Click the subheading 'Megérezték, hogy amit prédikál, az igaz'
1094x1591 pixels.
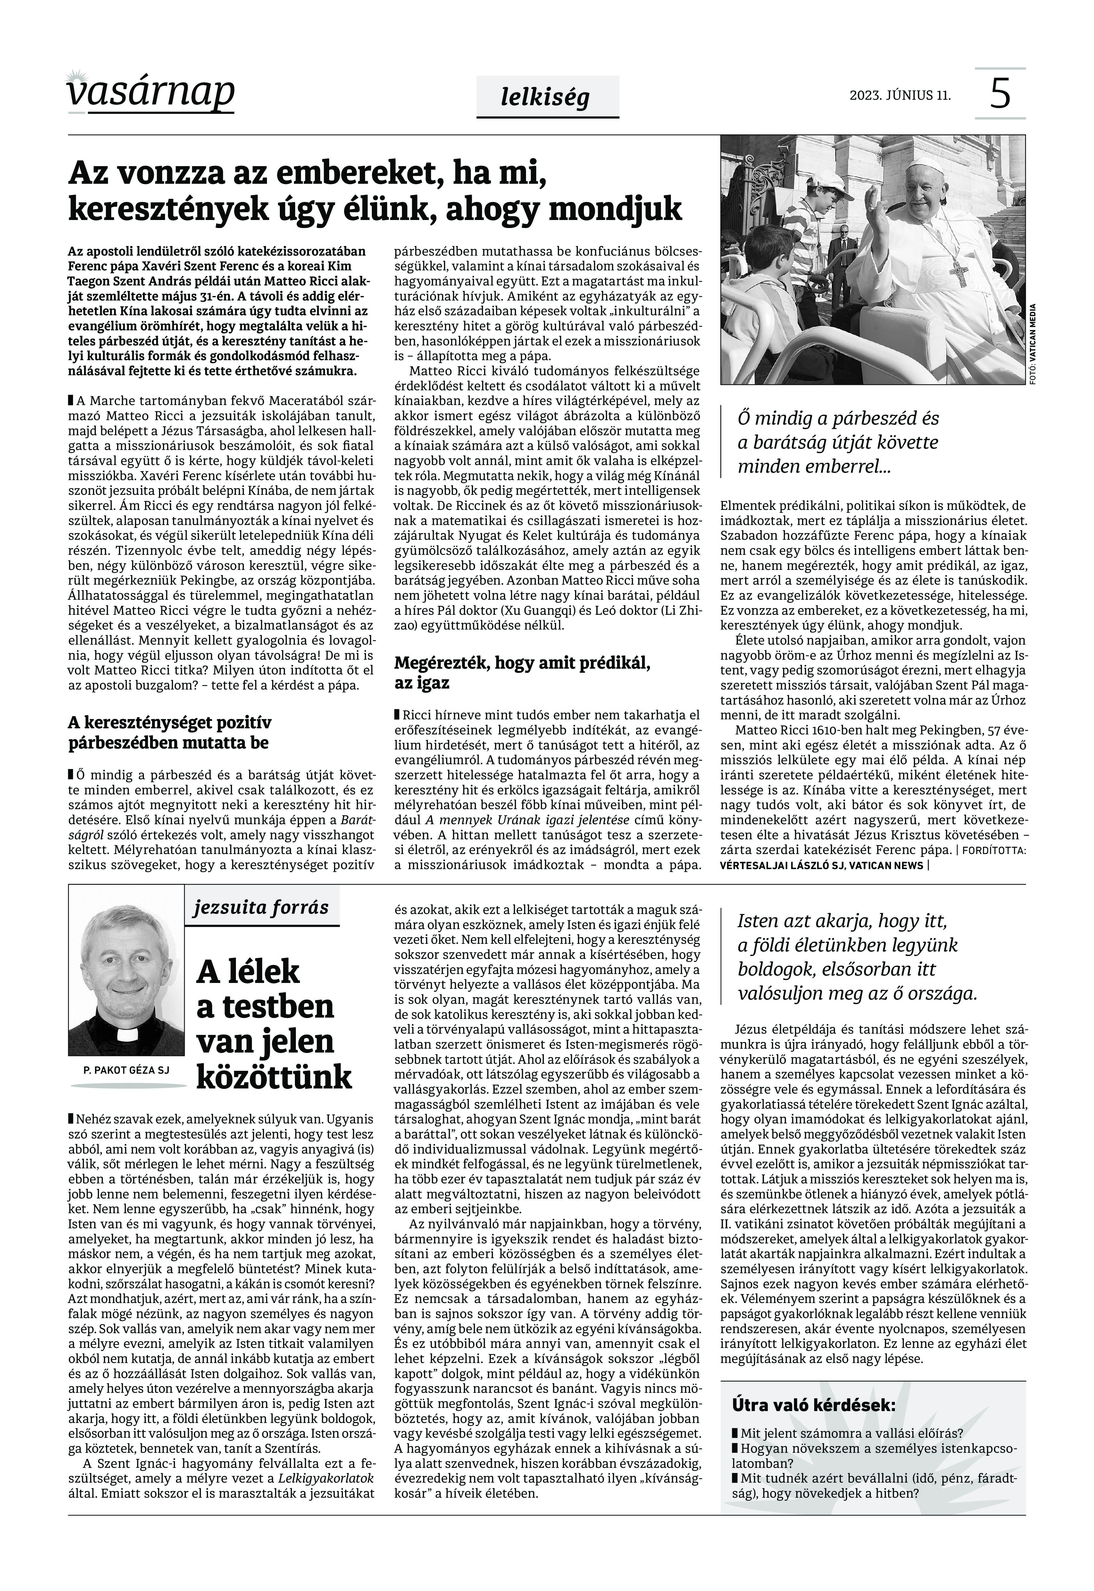tap(522, 672)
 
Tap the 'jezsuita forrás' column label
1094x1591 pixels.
tap(261, 907)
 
